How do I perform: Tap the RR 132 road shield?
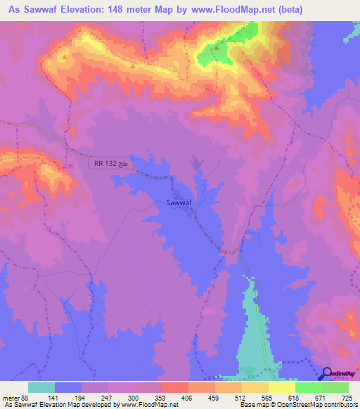[x=110, y=164]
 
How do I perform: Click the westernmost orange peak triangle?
[x=65, y=57]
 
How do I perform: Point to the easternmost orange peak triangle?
[x=132, y=67]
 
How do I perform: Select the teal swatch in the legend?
[x=41, y=387]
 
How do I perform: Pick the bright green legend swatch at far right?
[x=335, y=387]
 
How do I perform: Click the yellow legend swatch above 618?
[x=282, y=387]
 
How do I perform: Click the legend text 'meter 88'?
[x=15, y=398]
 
